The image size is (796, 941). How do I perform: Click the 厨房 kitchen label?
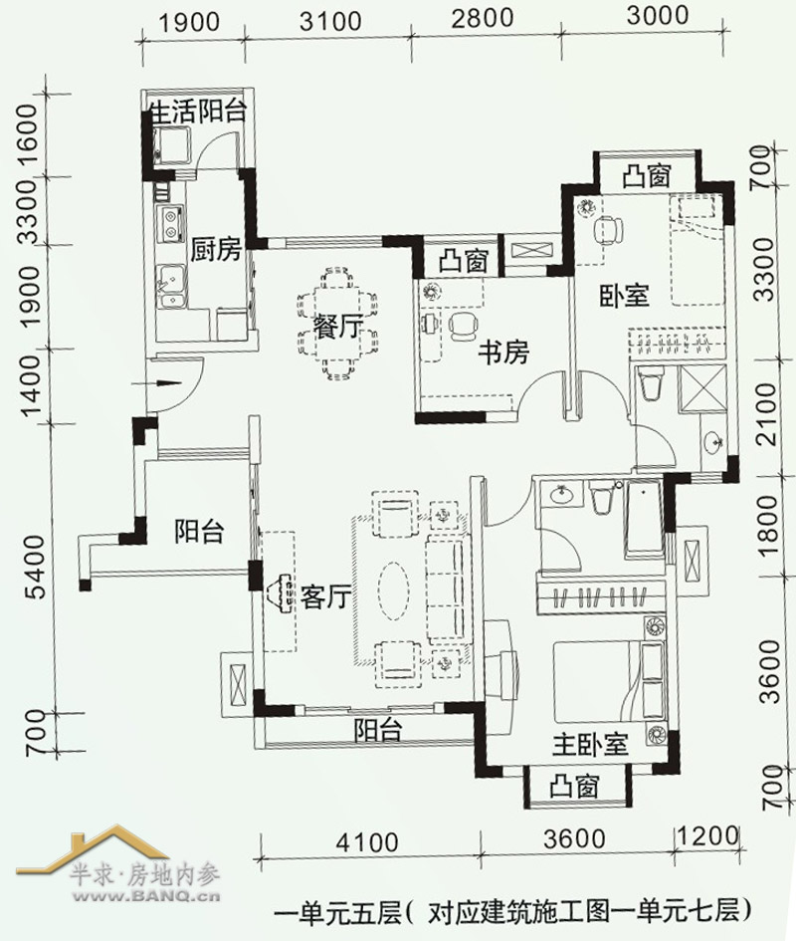[216, 249]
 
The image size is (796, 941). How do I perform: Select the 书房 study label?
[503, 353]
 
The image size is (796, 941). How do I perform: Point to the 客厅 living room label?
[325, 596]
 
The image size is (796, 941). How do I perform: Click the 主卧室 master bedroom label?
[590, 745]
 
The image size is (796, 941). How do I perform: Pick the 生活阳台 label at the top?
[199, 112]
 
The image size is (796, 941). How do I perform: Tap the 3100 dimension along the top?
[330, 22]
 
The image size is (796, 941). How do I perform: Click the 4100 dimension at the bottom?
[367, 842]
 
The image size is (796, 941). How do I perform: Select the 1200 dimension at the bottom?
[706, 836]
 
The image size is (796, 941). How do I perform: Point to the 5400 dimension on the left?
[37, 568]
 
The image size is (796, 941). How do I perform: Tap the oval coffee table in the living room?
[393, 590]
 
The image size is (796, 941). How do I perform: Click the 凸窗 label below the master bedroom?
[575, 787]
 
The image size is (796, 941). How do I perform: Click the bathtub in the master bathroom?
[644, 517]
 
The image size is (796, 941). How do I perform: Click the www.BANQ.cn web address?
[146, 897]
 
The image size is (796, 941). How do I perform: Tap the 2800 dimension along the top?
[483, 19]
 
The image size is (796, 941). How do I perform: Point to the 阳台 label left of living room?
[200, 532]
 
